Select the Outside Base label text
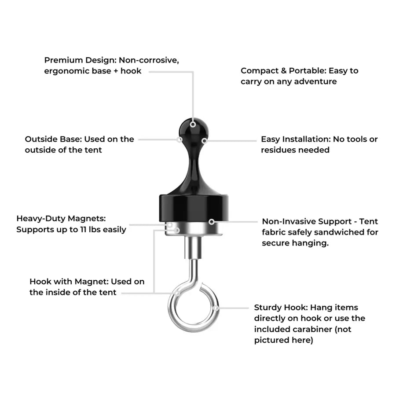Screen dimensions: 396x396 coord(52,139)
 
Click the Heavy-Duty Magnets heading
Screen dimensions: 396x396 coord(61,218)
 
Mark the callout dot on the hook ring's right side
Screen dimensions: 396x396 coord(216,308)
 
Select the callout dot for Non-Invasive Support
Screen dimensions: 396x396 coord(212,222)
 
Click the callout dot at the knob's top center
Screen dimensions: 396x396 coord(193,125)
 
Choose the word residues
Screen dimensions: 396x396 coord(279,150)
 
